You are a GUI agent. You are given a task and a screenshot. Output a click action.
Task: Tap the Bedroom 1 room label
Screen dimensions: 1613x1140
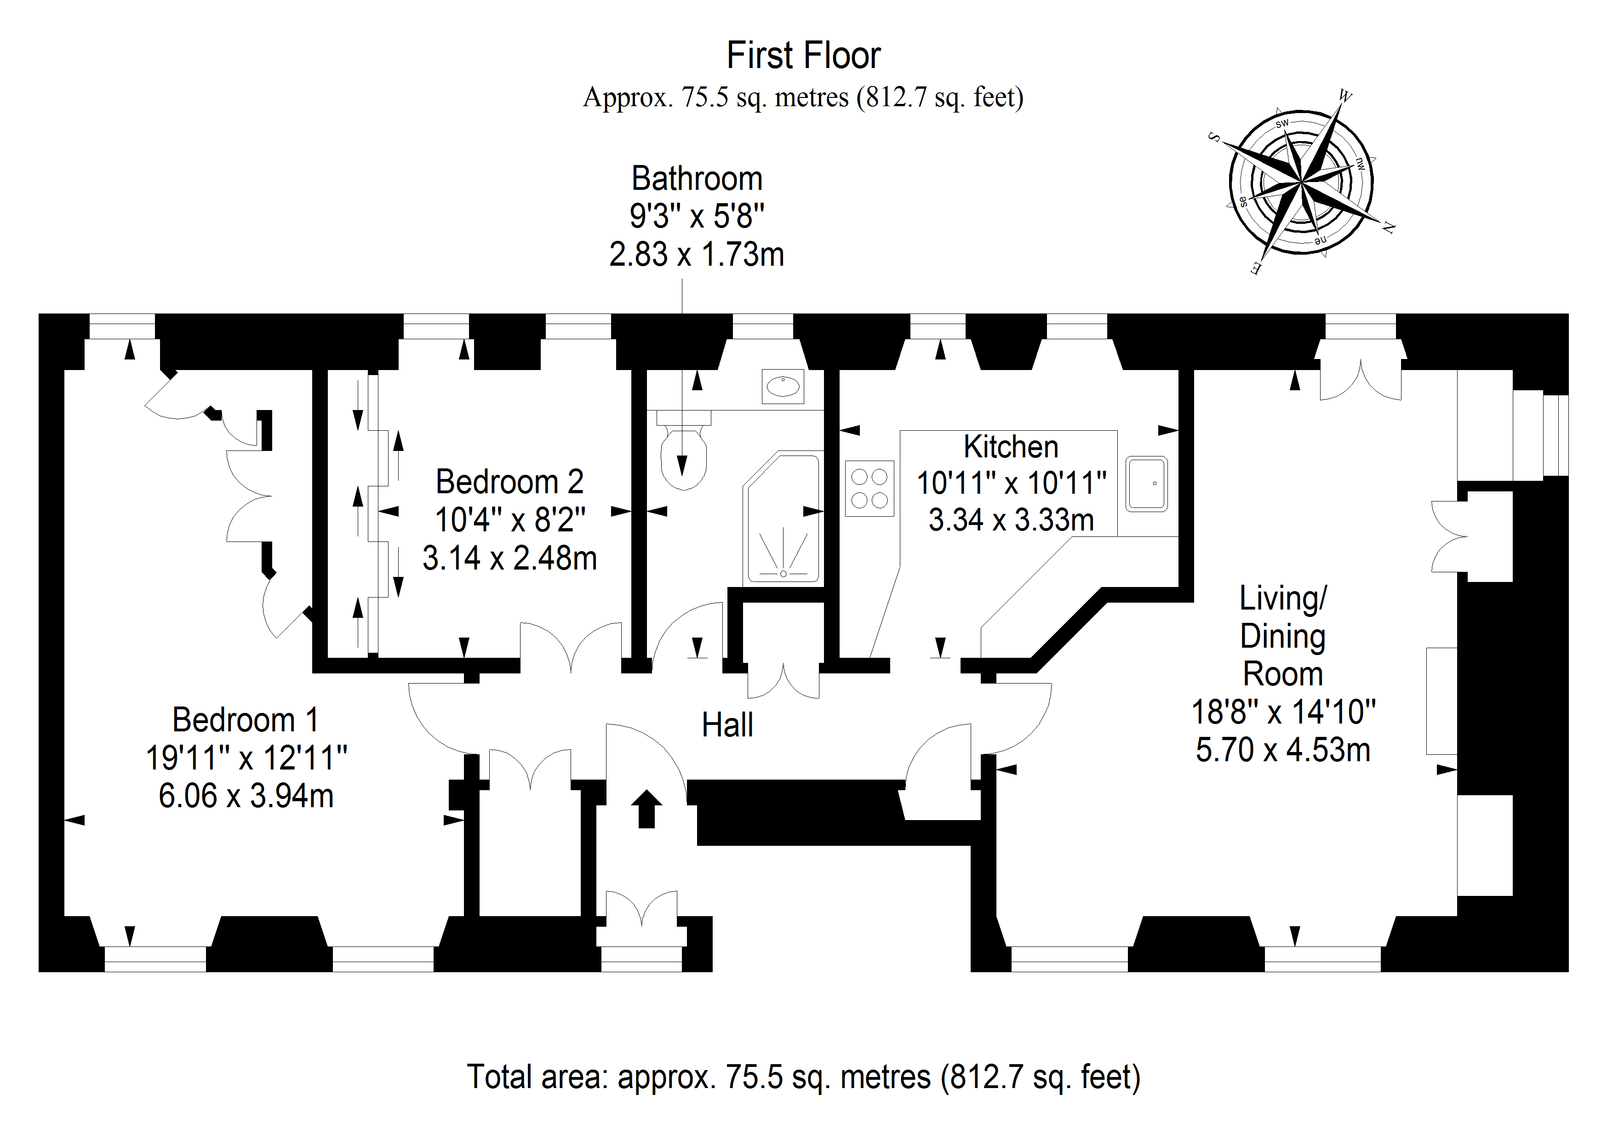coord(245,720)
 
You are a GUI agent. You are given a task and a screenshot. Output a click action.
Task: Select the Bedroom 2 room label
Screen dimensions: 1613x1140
coord(509,482)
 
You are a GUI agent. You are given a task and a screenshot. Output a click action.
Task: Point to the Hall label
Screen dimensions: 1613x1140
coord(727,725)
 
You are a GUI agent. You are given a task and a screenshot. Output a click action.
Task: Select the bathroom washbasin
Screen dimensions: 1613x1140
coord(783,386)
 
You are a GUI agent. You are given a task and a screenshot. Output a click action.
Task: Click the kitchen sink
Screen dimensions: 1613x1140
coord(1146,484)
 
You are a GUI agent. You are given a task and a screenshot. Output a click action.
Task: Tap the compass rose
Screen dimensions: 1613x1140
coord(1301,182)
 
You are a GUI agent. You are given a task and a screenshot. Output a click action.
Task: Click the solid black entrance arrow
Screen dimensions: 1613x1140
coord(646,809)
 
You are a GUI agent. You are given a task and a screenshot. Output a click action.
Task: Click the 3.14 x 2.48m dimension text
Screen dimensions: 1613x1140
coord(509,559)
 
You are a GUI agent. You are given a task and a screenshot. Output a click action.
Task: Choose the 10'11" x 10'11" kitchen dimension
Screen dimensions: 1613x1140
coord(1012,483)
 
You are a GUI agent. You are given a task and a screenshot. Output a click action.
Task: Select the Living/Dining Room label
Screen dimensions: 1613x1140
coord(1283,636)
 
